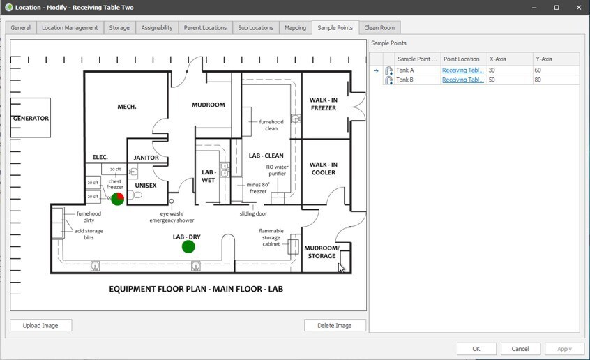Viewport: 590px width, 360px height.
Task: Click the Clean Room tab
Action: (x=379, y=28)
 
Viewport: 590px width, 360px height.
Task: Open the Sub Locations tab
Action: (x=255, y=28)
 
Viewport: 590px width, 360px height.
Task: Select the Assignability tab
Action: (x=156, y=28)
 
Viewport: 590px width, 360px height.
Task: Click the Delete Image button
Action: (x=335, y=325)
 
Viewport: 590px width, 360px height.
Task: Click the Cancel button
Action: (x=520, y=349)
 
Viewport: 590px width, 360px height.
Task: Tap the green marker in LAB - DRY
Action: (x=188, y=246)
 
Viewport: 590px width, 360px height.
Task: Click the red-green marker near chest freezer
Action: (x=117, y=199)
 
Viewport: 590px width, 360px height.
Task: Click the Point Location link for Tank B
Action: (x=463, y=80)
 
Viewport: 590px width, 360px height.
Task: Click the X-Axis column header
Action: (x=508, y=59)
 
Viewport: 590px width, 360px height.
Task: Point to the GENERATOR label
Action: (x=31, y=119)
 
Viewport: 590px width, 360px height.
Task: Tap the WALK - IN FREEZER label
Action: (x=324, y=104)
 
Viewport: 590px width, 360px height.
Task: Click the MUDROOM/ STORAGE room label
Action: (x=322, y=252)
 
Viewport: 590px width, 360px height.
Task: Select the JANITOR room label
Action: (x=146, y=158)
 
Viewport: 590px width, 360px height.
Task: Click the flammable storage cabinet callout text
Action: (x=271, y=237)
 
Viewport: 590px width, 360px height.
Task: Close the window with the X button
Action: (x=576, y=8)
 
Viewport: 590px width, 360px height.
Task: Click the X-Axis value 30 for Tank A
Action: (x=508, y=70)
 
